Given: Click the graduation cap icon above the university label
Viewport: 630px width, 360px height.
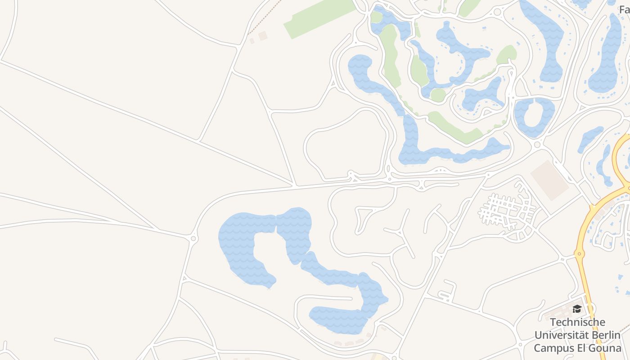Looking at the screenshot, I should pyautogui.click(x=577, y=309).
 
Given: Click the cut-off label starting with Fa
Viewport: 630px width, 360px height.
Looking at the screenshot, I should pyautogui.click(x=624, y=9).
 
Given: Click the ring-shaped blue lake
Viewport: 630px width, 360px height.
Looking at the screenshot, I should pyautogui.click(x=534, y=117).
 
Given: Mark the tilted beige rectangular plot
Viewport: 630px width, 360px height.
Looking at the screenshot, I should pyautogui.click(x=549, y=180).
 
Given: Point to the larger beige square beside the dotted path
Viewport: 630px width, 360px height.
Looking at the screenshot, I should pyautogui.click(x=263, y=36).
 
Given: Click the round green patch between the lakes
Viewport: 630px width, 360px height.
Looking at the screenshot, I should pyautogui.click(x=437, y=95).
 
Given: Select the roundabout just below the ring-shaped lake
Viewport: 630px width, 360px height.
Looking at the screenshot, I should pyautogui.click(x=537, y=145).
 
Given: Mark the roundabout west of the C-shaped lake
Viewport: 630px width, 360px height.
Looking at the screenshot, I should pyautogui.click(x=194, y=238).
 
